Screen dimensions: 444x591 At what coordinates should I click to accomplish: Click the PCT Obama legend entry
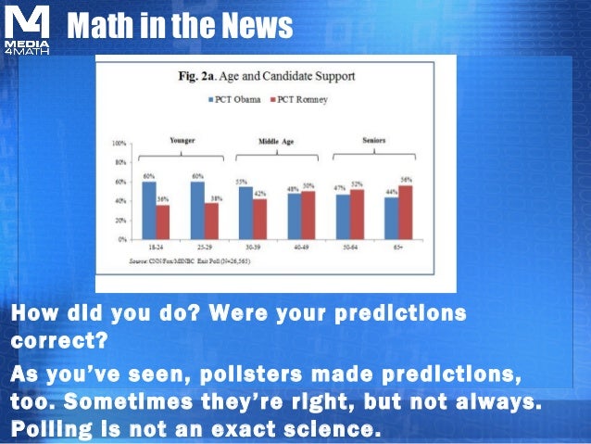233,99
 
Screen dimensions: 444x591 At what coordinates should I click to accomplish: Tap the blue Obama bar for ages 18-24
149,210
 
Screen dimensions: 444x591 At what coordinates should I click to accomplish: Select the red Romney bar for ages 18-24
163,222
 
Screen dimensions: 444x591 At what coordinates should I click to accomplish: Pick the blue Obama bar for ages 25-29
197,210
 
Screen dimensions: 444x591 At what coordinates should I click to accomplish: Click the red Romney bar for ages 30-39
260,219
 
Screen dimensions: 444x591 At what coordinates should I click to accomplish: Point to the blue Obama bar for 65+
391,218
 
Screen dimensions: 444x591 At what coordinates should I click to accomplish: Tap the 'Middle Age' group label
276,141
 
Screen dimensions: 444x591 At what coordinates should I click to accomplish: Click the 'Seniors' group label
372,141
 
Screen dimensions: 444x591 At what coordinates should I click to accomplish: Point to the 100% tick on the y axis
119,145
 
